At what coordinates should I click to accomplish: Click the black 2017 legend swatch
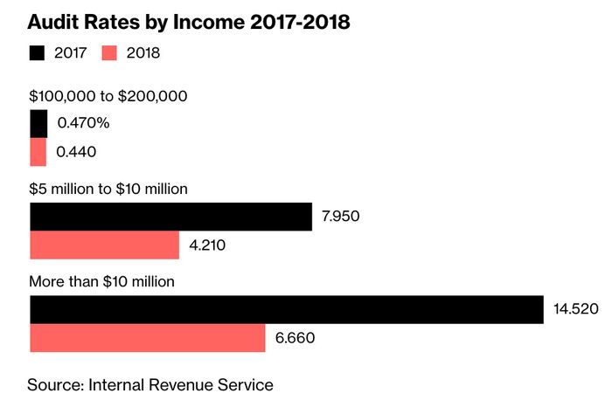pos(38,52)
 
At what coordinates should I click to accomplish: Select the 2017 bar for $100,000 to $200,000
pos(38,124)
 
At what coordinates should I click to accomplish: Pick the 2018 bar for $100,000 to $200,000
pos(38,152)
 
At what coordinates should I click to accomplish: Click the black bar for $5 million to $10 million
pos(170,217)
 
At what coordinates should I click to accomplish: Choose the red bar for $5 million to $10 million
pos(104,245)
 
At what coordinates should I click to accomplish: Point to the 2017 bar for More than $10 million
pos(287,309)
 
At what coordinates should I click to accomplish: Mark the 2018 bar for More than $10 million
pos(148,338)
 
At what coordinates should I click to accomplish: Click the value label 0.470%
pos(83,124)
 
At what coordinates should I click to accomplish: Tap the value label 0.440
pos(76,152)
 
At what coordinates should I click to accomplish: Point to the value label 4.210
pos(208,245)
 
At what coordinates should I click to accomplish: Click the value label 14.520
pos(575,309)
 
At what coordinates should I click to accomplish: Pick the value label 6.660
pos(295,338)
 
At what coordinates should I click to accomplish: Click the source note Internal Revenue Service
pos(150,384)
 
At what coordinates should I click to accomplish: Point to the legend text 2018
pos(142,53)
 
